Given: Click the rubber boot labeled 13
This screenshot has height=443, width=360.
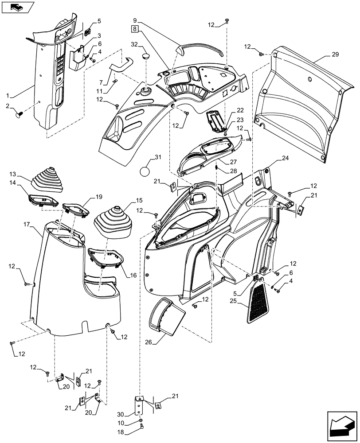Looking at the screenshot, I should pyautogui.click(x=47, y=179).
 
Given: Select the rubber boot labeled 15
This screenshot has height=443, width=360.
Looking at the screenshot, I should pyautogui.click(x=114, y=221).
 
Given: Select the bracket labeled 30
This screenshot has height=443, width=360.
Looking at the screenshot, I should pyautogui.click(x=140, y=405).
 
